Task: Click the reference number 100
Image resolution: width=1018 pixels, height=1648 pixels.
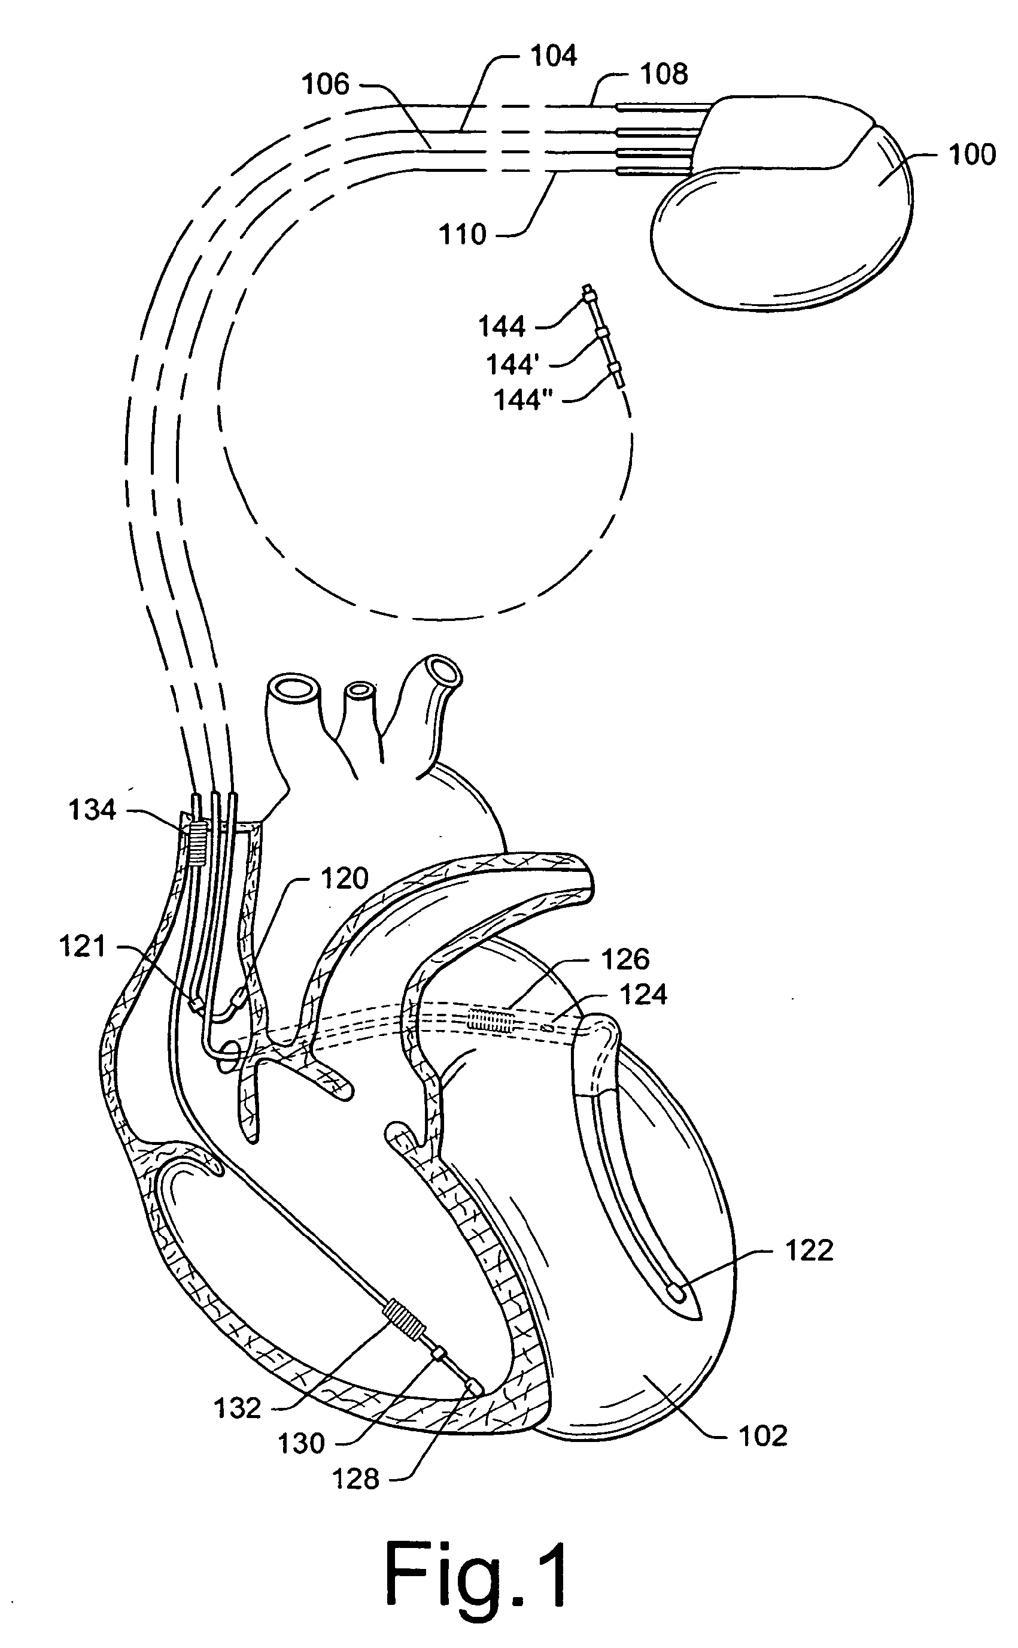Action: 971,155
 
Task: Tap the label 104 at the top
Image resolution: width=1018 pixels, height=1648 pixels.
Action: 554,56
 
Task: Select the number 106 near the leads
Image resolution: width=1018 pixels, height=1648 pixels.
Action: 325,85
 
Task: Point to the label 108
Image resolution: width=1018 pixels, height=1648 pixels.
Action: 664,74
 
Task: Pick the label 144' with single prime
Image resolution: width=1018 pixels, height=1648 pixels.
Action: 513,365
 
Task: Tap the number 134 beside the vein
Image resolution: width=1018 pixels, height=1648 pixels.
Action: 93,810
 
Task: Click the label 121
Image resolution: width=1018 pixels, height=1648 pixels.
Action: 83,947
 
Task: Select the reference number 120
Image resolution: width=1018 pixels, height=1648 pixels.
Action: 345,879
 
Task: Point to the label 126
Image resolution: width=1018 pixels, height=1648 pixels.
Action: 625,960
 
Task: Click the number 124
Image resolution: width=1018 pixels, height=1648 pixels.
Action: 643,995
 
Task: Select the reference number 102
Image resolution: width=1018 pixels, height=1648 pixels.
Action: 763,1437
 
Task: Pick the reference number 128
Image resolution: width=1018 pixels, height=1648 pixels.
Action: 356,1480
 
